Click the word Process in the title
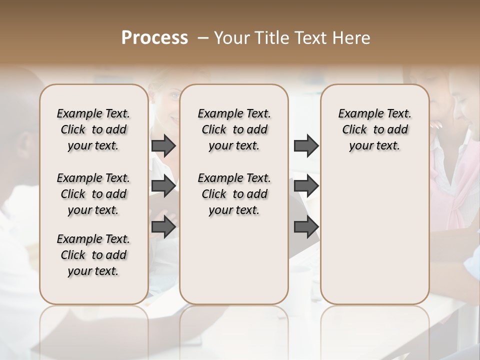[154, 38]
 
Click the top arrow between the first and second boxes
[163, 145]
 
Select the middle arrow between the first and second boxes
[163, 186]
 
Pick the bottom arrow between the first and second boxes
[163, 227]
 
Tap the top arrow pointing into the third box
[306, 145]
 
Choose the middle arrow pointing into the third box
[306, 186]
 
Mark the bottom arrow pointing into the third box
[306, 227]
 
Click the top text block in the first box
[93, 129]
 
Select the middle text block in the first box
[93, 194]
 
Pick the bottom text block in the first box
[93, 255]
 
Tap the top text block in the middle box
[234, 129]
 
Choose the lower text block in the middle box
[234, 194]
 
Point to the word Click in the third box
[354, 130]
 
